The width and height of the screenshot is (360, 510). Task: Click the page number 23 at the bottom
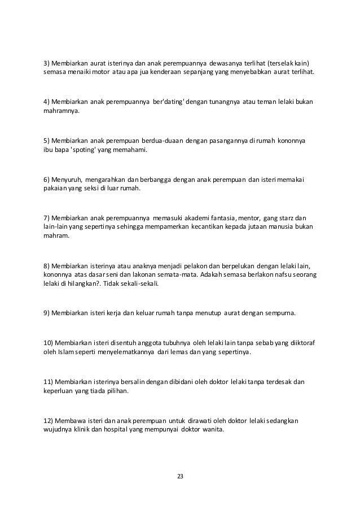click(x=180, y=477)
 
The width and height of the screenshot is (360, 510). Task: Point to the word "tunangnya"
click(x=223, y=101)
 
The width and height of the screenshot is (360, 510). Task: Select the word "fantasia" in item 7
click(x=223, y=217)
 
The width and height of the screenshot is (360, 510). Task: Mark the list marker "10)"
click(x=49, y=342)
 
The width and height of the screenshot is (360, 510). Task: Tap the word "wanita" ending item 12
click(x=212, y=429)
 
